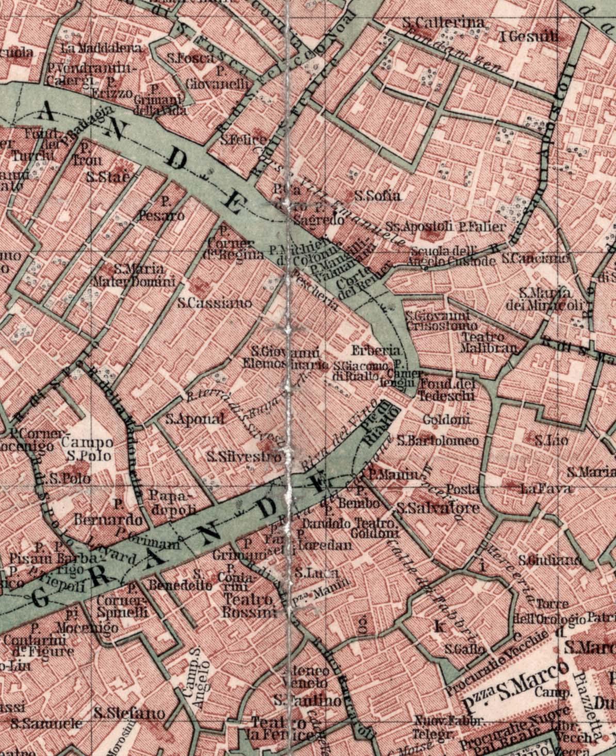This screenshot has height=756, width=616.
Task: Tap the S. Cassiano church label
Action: pos(215,303)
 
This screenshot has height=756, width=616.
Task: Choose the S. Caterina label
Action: pos(443,23)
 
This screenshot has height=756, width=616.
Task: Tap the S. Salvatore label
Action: pos(438,508)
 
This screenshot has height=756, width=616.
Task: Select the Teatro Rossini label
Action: pos(249,606)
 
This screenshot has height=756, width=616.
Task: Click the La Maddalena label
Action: pos(101,49)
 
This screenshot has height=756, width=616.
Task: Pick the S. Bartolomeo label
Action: pos(437,441)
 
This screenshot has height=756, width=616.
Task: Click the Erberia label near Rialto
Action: pos(368,350)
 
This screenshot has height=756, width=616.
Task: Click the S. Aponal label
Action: pos(195,419)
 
